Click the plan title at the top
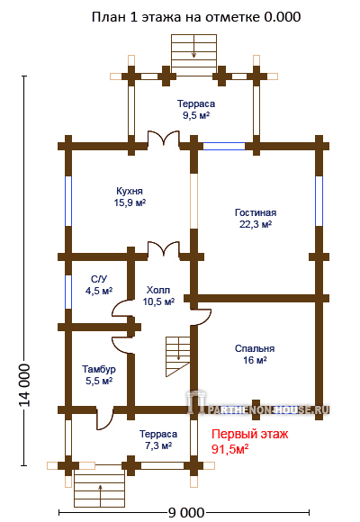[196, 17]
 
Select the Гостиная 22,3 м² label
[256, 219]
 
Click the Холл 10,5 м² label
[159, 295]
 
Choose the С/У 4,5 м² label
[99, 285]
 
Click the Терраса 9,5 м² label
[196, 109]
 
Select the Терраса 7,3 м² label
[158, 440]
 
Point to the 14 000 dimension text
[25, 385]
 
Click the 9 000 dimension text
[185, 513]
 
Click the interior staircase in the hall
[178, 356]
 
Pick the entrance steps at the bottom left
[100, 486]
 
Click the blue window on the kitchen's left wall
[68, 201]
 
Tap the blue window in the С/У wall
[68, 292]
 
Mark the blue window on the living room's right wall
[319, 201]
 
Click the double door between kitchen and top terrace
[164, 139]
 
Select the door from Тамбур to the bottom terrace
[105, 418]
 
